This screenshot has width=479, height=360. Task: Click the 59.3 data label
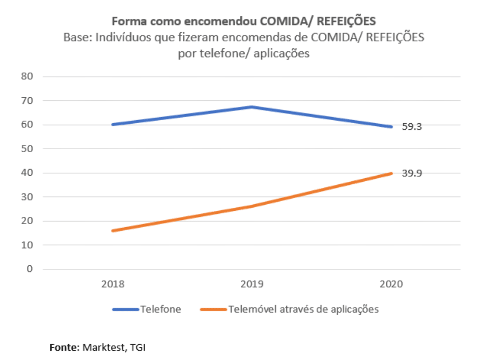point(412,127)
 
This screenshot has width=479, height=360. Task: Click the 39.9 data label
point(412,173)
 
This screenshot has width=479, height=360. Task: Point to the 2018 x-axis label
point(112,284)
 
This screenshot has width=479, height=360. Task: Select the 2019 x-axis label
point(252,284)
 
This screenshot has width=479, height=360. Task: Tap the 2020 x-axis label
point(391,284)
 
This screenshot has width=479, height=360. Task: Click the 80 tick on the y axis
point(26,77)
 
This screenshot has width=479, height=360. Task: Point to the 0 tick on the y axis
point(29,269)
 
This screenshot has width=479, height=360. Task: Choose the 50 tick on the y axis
point(26,149)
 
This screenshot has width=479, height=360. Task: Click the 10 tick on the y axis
point(26,245)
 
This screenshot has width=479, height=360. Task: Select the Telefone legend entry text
point(161,309)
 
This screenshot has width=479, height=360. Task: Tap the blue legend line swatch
point(125,309)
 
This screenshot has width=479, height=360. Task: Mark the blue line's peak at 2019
point(252,107)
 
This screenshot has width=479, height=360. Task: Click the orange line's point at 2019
point(252,206)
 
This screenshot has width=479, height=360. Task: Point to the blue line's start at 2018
point(112,124)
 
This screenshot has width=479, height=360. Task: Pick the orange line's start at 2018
point(112,231)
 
